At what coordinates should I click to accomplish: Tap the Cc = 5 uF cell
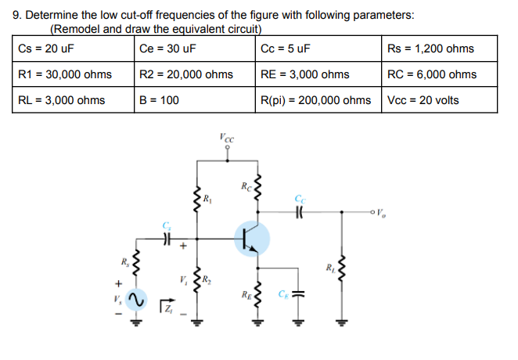286,49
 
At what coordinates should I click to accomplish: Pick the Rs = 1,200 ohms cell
430,49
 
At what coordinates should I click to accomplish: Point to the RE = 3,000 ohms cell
305,74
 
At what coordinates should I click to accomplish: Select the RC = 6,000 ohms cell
432,74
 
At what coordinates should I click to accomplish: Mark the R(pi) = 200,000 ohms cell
316,100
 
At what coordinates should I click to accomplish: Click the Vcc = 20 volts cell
423,100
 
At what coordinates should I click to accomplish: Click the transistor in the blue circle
250,239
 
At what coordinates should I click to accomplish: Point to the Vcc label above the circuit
227,138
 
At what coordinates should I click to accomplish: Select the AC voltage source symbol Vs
135,300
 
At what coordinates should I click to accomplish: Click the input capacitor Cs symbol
166,239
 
